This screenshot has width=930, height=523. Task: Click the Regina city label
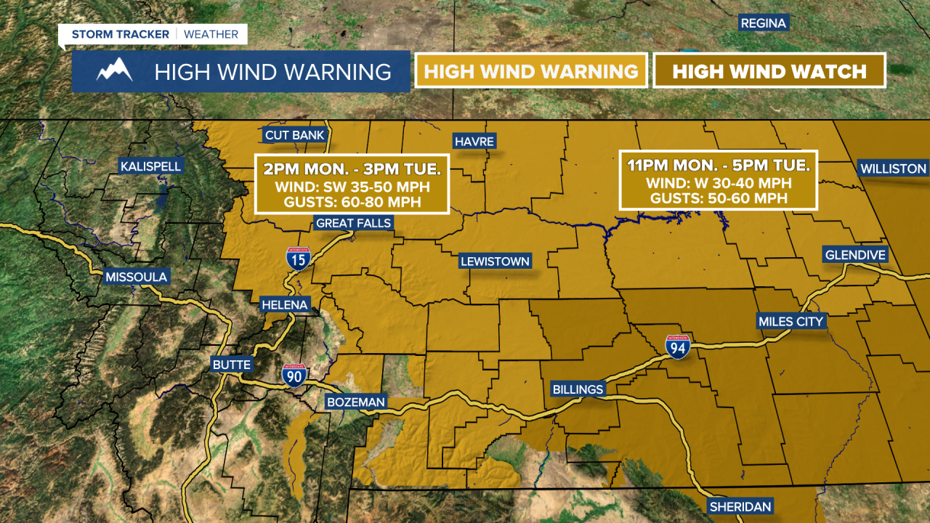tap(763, 23)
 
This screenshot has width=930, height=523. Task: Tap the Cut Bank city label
tap(294, 135)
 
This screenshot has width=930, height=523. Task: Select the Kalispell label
tap(151, 166)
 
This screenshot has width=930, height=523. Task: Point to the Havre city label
tap(474, 141)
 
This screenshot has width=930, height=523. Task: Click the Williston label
tap(893, 169)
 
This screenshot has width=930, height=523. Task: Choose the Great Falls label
tap(353, 223)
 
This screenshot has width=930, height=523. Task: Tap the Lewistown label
tap(495, 261)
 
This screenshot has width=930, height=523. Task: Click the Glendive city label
tap(855, 255)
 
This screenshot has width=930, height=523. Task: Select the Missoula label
tap(136, 277)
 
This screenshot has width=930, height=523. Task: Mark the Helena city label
tap(285, 305)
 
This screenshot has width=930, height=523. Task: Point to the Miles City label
tap(790, 321)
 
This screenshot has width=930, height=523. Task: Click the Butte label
tap(232, 365)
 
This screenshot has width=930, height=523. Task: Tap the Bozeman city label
tap(356, 402)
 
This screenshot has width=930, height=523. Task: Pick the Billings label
tap(578, 389)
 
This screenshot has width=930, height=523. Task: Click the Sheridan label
tap(740, 506)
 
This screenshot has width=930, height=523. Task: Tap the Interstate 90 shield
tap(294, 374)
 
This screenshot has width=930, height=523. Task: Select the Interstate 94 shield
tap(677, 347)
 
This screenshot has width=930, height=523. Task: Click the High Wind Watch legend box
tap(769, 71)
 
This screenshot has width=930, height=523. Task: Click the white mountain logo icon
tap(114, 70)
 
